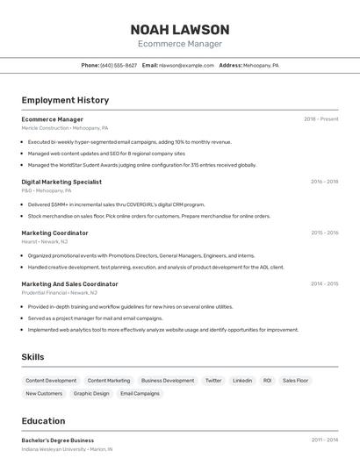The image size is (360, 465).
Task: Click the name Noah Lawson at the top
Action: click(x=179, y=29)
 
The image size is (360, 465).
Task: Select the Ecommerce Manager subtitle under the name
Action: click(x=179, y=44)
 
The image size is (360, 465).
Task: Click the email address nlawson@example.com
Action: click(x=186, y=65)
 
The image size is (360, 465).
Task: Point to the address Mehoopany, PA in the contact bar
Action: click(x=262, y=65)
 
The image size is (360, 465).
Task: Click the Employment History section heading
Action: click(x=65, y=100)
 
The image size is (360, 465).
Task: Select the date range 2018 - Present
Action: click(x=320, y=119)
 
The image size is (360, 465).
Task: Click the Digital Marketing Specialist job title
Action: click(x=61, y=182)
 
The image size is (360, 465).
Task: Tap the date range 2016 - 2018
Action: click(x=324, y=182)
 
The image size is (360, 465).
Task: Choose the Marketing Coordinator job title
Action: click(x=54, y=232)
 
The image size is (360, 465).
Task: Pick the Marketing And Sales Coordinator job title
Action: click(x=69, y=283)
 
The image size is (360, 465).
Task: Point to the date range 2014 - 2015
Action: click(x=324, y=283)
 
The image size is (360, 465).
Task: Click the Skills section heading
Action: click(x=32, y=357)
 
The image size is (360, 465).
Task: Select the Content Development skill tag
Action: click(x=51, y=381)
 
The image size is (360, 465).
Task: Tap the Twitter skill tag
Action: click(x=213, y=381)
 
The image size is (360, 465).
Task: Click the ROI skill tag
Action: click(x=267, y=381)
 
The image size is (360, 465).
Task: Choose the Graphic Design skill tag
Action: click(x=91, y=394)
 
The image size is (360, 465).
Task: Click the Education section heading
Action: click(x=43, y=421)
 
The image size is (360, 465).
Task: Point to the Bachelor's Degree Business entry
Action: click(x=57, y=440)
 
